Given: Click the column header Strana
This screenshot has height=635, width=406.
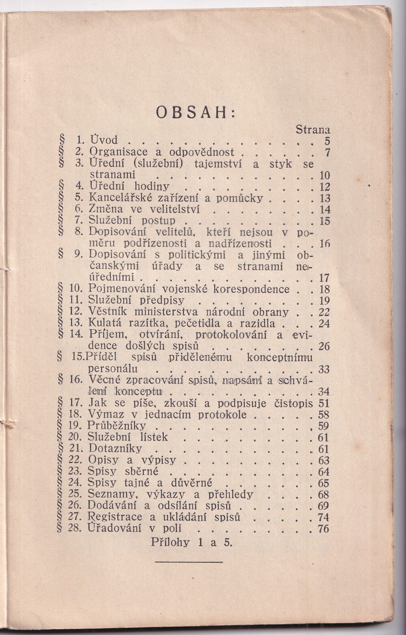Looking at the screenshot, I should point(313,130).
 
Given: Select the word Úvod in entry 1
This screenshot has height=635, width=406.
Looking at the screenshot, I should point(103,140).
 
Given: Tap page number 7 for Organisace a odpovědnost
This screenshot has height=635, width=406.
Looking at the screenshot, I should point(328,153).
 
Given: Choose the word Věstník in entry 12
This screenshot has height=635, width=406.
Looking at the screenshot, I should point(107,312).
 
